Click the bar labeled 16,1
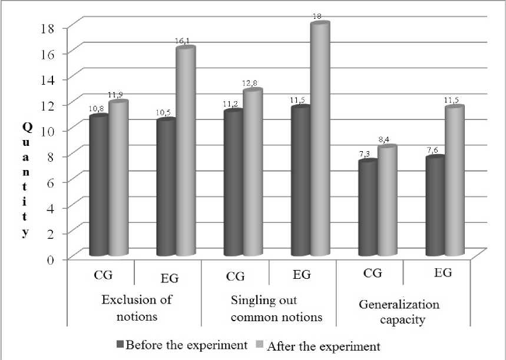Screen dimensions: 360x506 pos(186,153)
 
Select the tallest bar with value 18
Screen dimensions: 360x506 pos(320,141)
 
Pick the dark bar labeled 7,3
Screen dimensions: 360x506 pos(368,209)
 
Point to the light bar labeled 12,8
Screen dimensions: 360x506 pos(253,174)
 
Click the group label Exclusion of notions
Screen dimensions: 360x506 pos(137,308)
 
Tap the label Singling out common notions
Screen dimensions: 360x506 pos(269,309)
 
